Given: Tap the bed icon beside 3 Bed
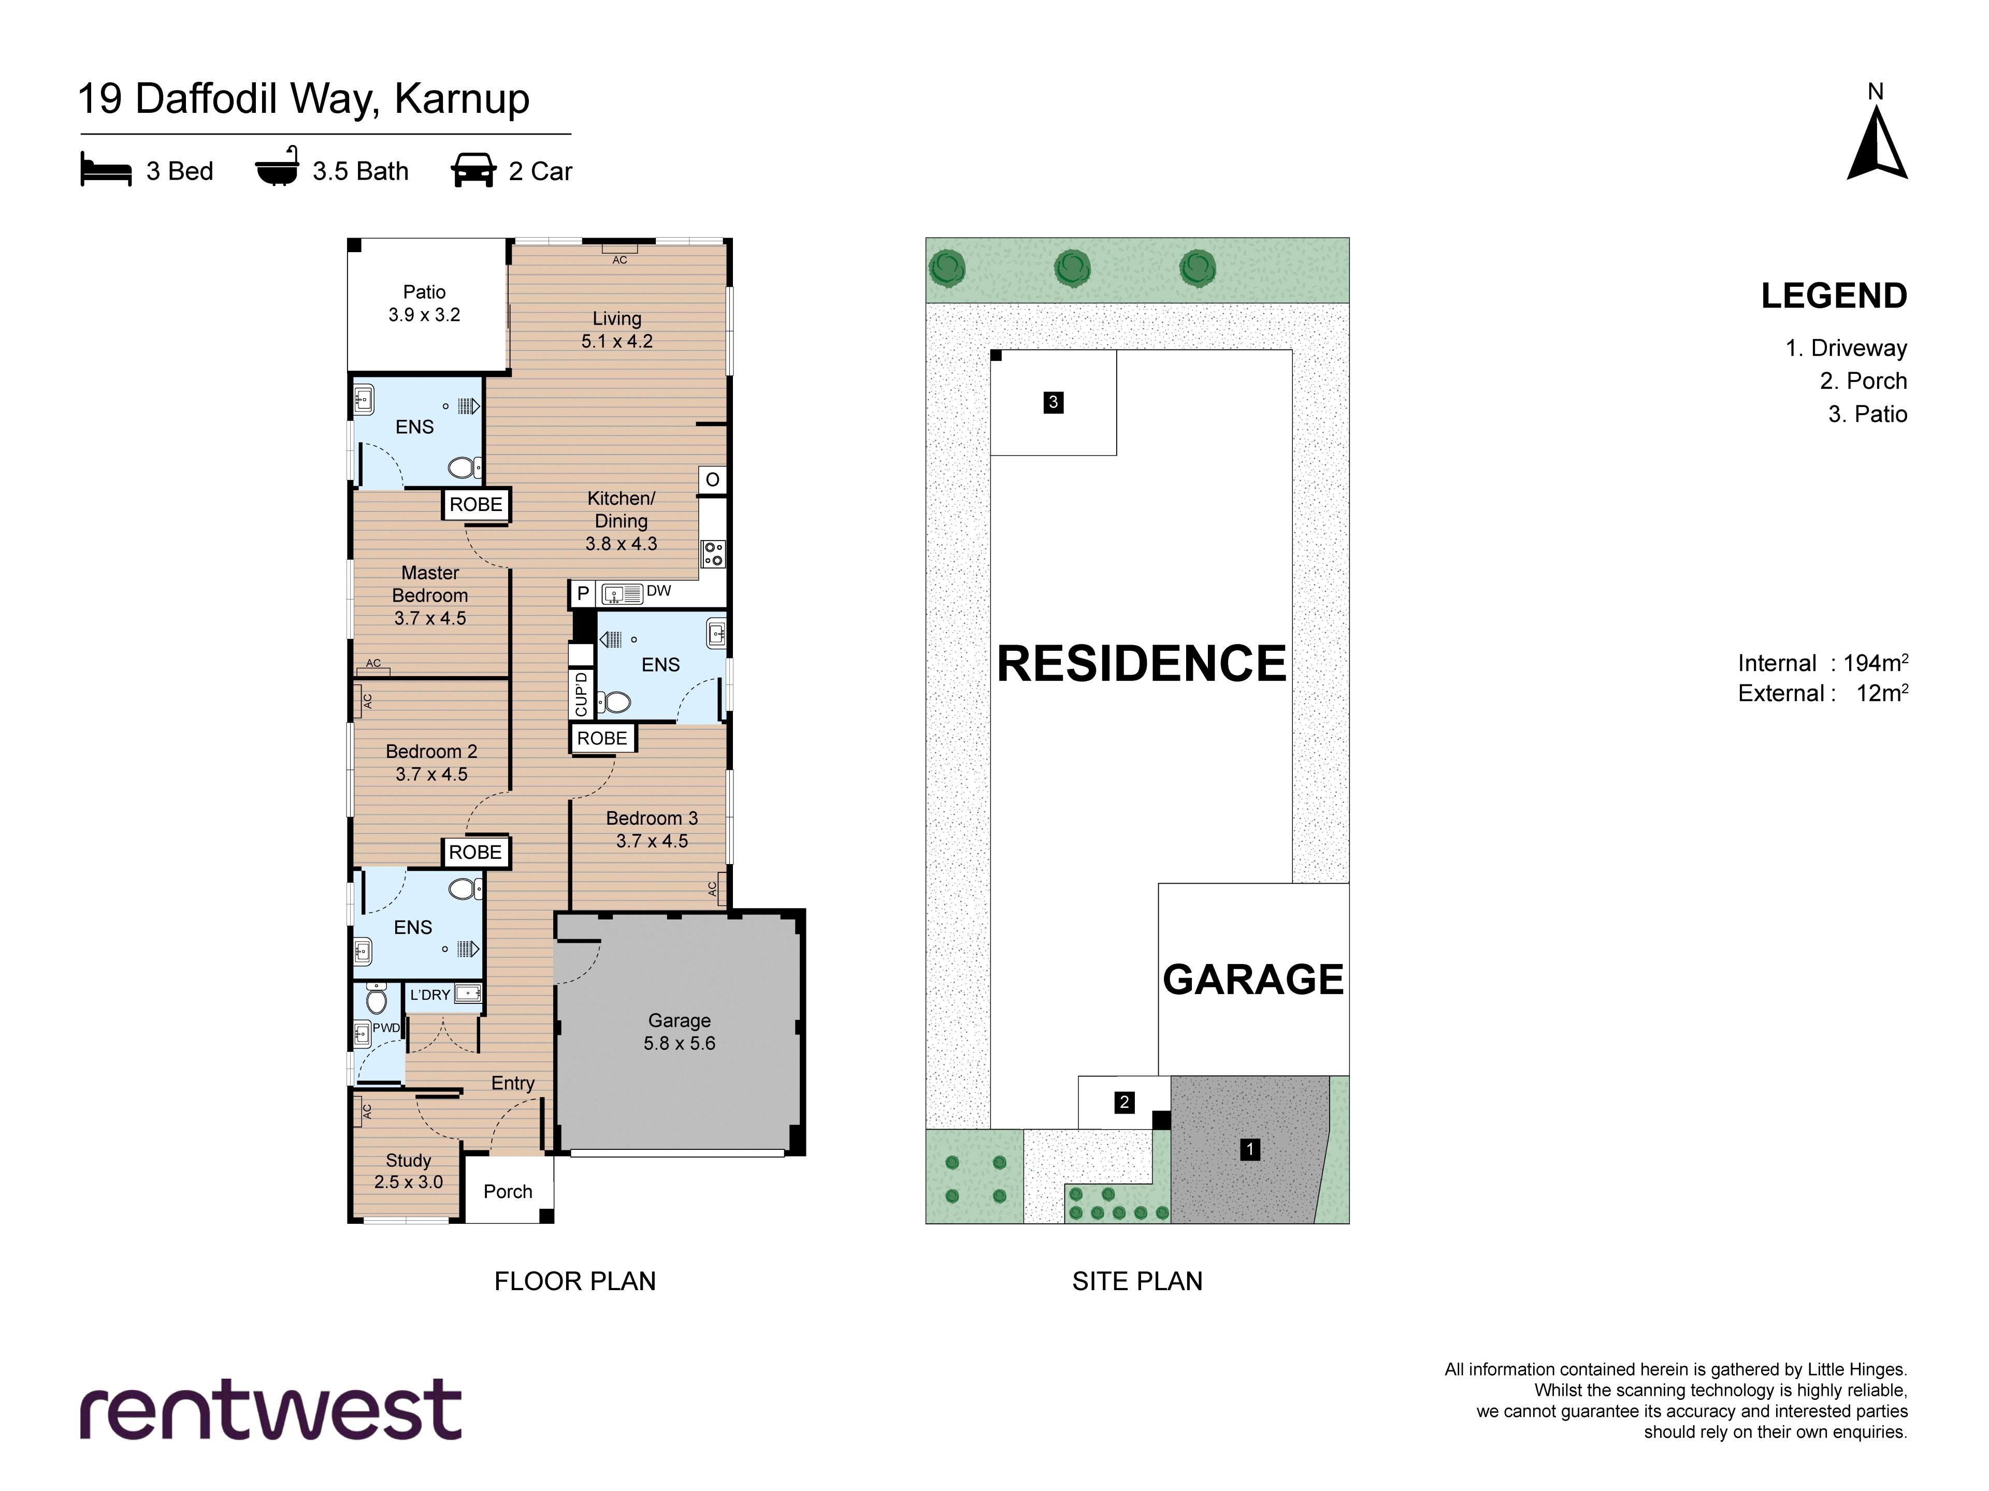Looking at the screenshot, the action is tap(106, 170).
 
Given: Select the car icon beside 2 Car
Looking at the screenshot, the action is tap(473, 170).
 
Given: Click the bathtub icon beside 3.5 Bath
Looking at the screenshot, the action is tap(278, 166).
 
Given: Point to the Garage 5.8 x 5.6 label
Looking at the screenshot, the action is tap(680, 1032).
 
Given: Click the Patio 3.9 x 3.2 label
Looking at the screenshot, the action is tap(424, 303).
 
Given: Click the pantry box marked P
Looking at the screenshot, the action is tap(583, 593).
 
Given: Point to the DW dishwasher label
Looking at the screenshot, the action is tap(659, 591).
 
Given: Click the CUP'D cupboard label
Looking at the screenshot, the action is tap(581, 694).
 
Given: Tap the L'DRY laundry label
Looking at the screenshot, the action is tap(430, 995).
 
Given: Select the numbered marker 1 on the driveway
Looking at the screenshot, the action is tap(1249, 1149).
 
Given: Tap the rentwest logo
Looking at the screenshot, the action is tap(271, 1410).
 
